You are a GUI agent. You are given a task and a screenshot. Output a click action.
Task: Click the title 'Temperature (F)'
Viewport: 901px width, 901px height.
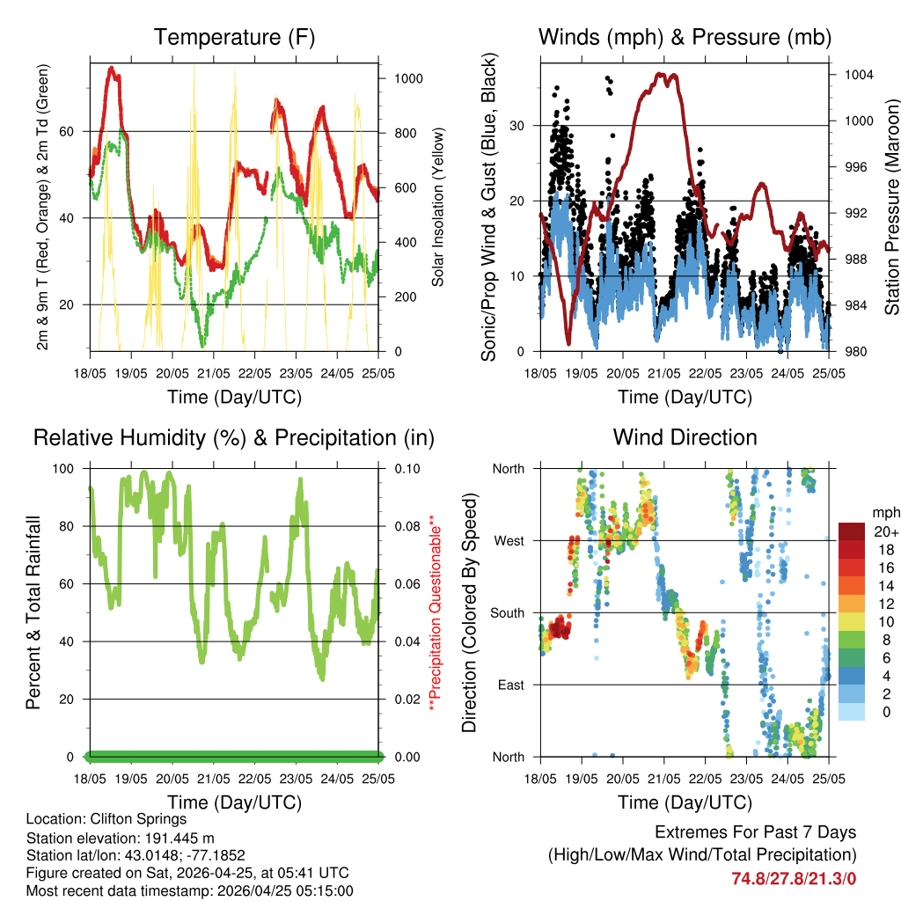(234, 37)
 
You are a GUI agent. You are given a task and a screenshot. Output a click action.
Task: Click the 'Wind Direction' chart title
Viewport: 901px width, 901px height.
(685, 437)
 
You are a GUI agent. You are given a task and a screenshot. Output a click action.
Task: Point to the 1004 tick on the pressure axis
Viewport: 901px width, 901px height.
(858, 75)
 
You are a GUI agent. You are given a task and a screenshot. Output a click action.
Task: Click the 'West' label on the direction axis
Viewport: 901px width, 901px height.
(509, 540)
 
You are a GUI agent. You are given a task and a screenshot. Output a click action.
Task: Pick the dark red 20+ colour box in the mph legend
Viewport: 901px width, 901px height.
(851, 531)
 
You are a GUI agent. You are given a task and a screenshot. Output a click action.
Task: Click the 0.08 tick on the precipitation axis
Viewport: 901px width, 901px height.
(406, 526)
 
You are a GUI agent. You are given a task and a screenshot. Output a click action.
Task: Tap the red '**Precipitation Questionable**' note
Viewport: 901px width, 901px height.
(433, 612)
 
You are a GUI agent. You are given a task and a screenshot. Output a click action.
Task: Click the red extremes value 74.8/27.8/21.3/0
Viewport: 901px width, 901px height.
(794, 878)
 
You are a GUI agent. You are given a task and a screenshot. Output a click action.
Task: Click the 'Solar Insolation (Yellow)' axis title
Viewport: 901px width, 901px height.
(437, 207)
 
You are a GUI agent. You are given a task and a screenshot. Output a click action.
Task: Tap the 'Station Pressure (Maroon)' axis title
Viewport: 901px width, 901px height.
(891, 207)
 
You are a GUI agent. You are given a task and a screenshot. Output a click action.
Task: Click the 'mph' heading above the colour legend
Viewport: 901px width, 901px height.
(884, 512)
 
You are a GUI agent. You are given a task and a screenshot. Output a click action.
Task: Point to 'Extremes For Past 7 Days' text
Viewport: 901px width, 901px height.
(755, 832)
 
